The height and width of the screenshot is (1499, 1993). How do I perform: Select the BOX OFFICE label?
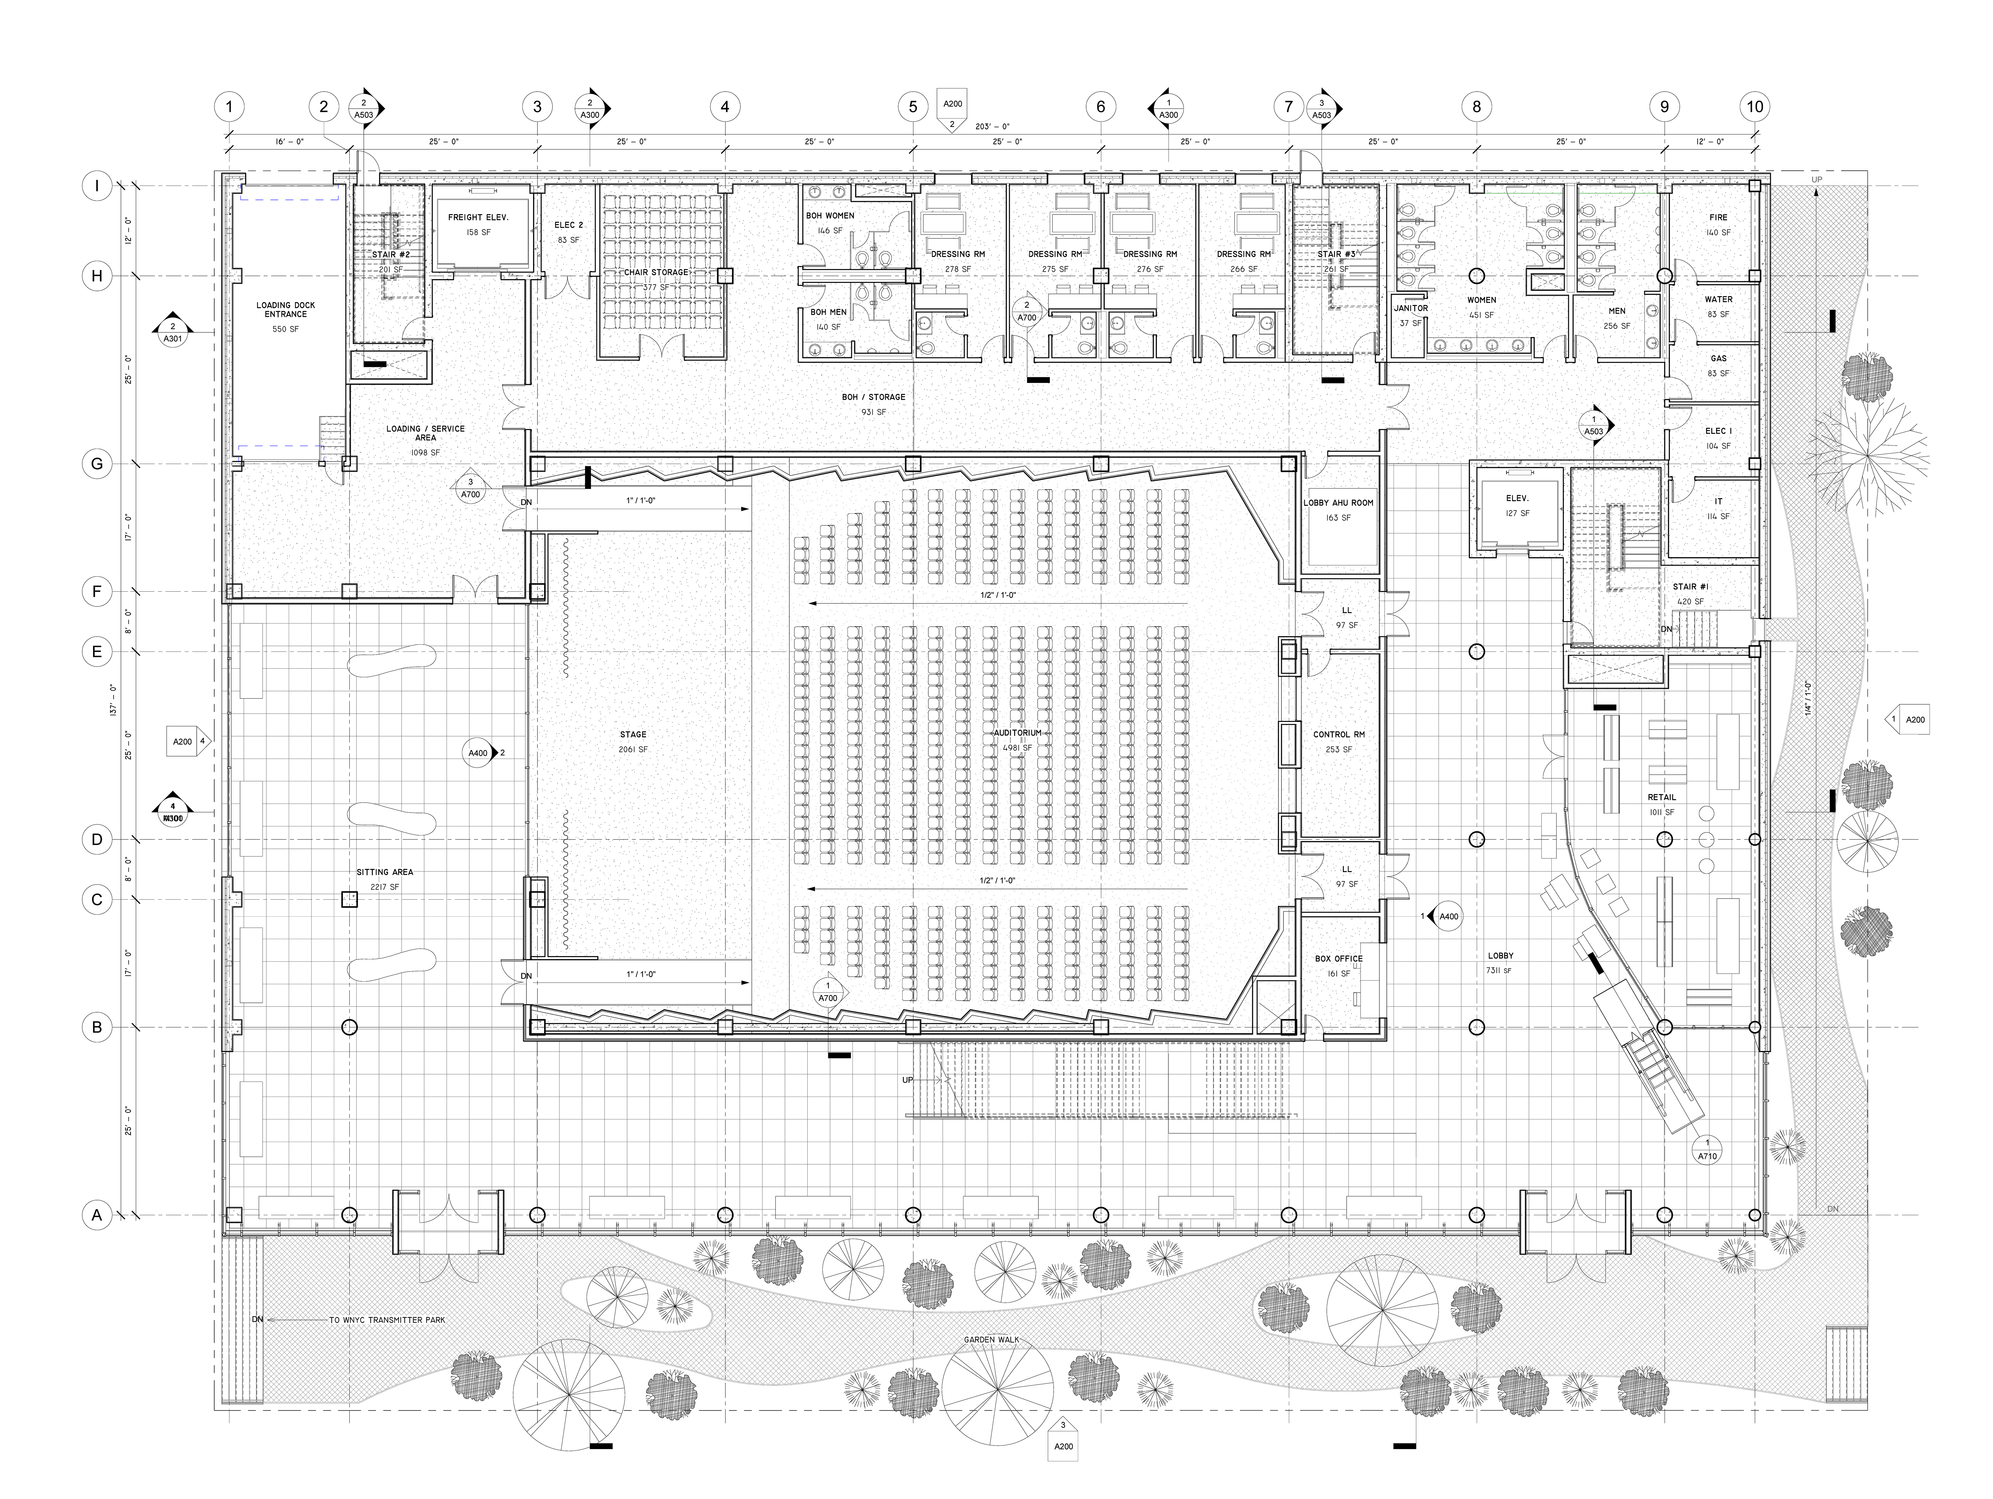point(1338,958)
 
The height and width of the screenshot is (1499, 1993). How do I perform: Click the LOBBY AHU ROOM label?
point(1338,503)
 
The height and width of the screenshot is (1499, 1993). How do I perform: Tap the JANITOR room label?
point(1411,308)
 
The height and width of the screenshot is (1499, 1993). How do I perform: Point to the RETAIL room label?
point(1661,797)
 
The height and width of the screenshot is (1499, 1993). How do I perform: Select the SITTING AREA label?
point(385,872)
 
